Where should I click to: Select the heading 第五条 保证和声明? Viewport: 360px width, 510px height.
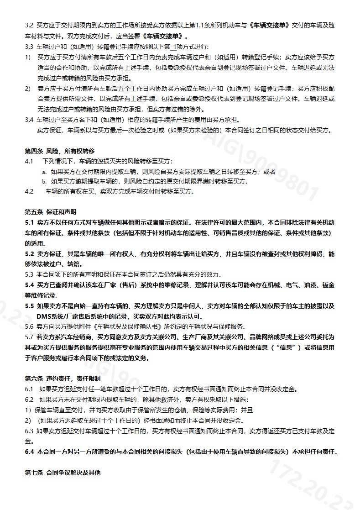point(50,212)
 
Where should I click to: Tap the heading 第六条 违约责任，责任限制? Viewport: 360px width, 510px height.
point(63,379)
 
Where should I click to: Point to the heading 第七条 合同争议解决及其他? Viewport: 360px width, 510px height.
point(63,473)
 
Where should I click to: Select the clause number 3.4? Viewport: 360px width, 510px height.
point(29,120)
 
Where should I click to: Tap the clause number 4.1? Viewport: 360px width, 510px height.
point(29,161)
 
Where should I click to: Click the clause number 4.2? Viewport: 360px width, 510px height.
point(29,192)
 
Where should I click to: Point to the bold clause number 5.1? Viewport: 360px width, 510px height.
point(30,223)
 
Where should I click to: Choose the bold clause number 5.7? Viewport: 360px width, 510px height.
point(30,337)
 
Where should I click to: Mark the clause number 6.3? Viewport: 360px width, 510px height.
point(29,431)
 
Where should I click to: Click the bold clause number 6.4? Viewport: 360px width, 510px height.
point(30,452)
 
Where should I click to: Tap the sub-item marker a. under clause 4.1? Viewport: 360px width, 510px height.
point(44,172)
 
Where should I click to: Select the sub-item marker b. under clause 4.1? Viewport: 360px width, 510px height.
point(44,182)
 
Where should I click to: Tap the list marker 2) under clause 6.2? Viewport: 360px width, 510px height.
point(28,420)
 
